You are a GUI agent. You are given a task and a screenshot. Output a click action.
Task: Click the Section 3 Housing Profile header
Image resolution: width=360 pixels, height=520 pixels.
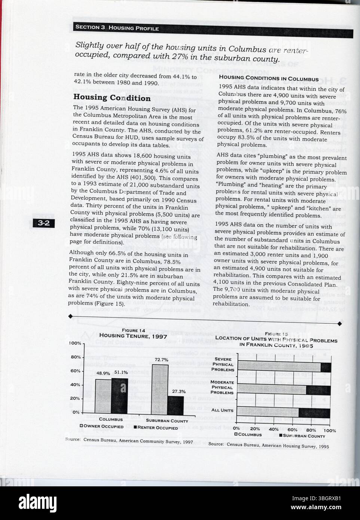point(117,28)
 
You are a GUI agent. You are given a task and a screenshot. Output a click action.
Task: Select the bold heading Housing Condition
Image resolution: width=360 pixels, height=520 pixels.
point(112,98)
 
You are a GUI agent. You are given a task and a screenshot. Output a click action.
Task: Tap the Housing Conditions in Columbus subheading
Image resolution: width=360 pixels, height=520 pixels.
point(268,79)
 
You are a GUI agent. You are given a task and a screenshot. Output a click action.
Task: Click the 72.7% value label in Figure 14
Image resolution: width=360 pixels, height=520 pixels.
point(161,360)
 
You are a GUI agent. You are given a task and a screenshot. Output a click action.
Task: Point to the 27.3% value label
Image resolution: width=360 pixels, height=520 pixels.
point(179,391)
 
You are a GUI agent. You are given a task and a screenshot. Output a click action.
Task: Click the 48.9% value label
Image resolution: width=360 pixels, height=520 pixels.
point(103,373)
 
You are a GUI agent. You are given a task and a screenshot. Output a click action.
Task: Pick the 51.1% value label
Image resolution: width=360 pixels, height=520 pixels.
point(121,372)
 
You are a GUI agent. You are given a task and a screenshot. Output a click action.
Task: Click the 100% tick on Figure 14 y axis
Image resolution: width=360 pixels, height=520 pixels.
point(75,343)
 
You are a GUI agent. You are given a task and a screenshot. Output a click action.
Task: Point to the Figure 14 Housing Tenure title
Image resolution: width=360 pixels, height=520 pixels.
point(133,336)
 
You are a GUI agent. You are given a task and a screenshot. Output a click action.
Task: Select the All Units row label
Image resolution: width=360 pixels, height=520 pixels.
point(222,410)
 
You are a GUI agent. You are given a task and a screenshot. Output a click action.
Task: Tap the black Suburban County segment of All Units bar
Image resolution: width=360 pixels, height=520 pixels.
point(314,413)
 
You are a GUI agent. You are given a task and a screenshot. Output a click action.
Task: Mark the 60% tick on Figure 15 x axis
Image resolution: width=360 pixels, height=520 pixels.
point(293,430)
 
